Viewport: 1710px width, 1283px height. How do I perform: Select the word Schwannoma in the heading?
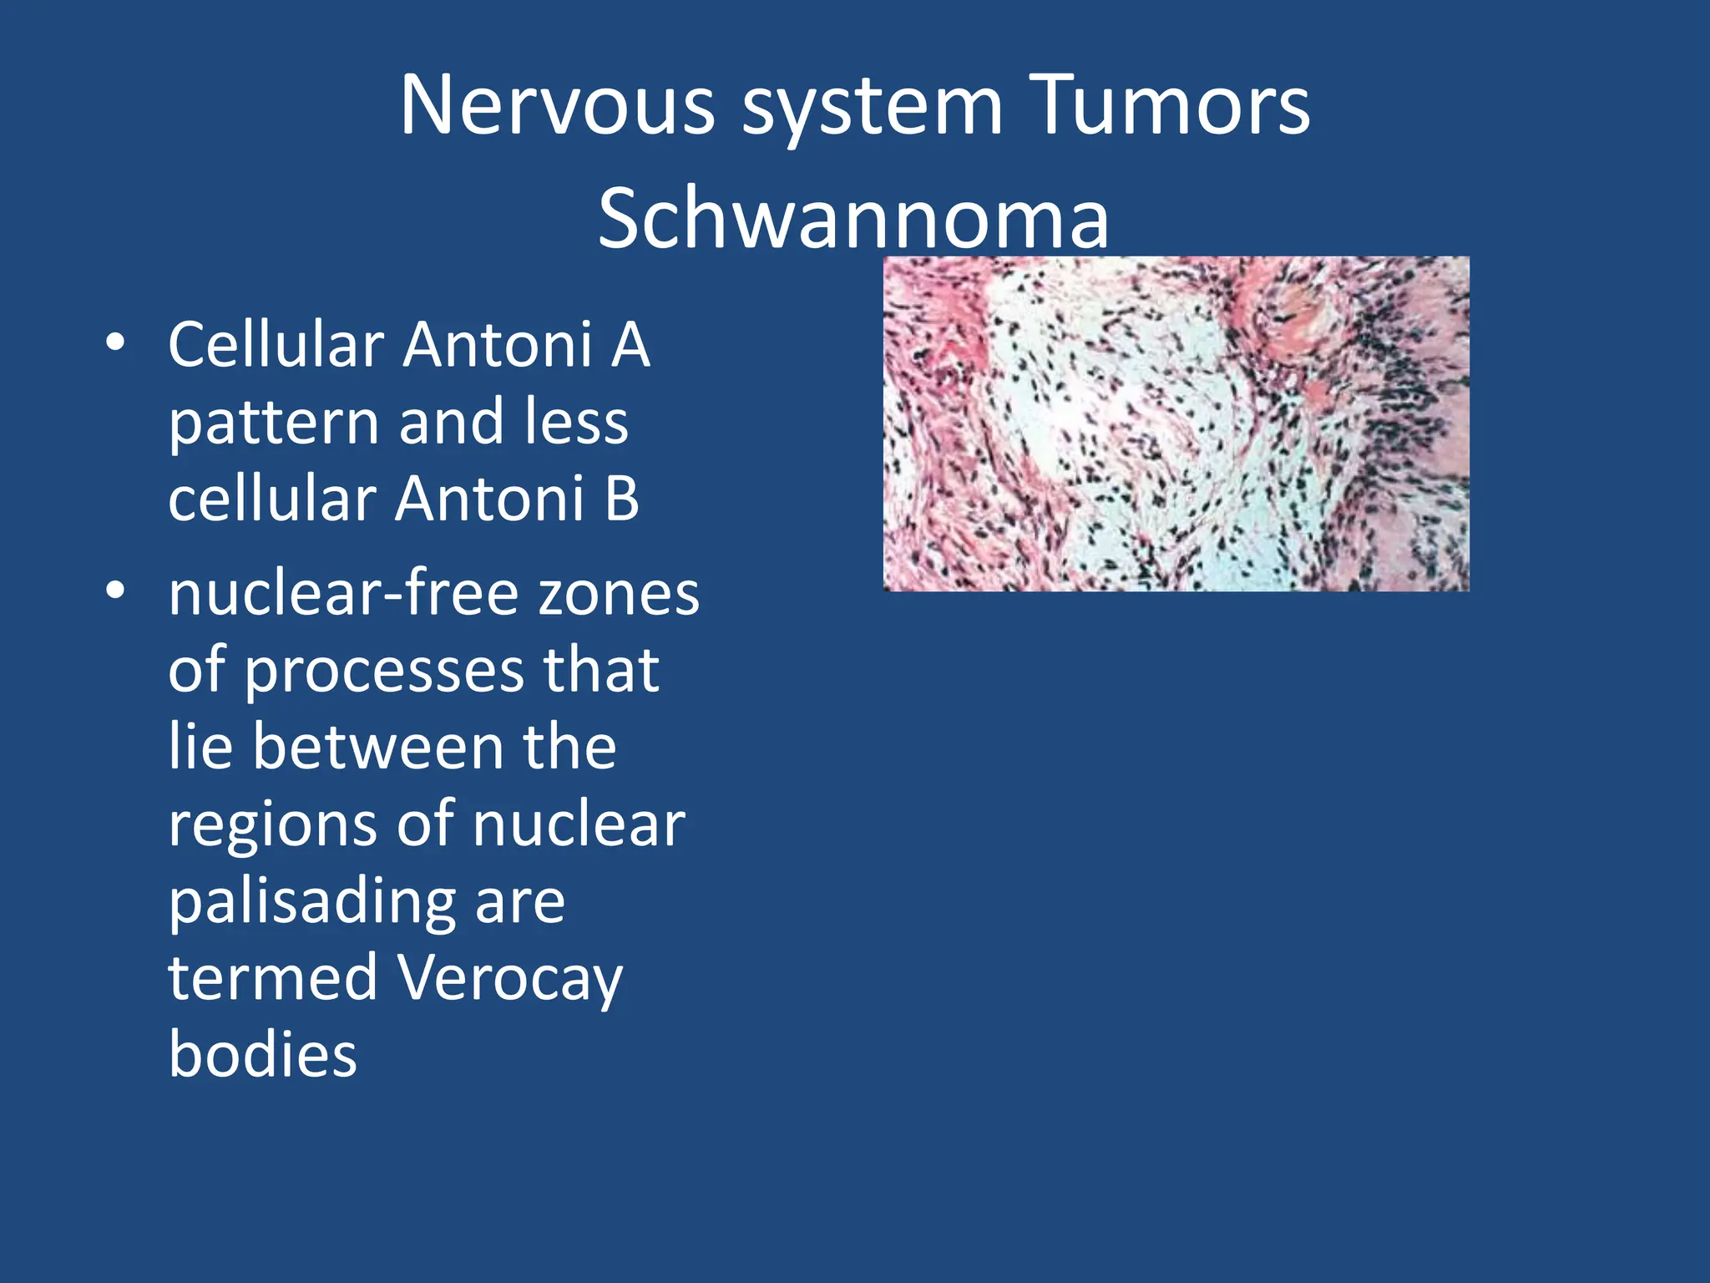point(853,219)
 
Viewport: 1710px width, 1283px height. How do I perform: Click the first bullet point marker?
point(115,343)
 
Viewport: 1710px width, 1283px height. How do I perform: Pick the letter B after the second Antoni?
point(621,499)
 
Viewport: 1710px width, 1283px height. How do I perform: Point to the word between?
point(377,747)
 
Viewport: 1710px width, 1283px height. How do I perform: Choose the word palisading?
point(311,904)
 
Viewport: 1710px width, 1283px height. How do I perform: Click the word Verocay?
point(509,979)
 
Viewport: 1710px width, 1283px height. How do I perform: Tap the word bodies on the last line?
point(262,1054)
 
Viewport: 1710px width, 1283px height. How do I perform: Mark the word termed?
point(273,977)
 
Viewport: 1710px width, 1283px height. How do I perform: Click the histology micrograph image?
point(1176,423)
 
